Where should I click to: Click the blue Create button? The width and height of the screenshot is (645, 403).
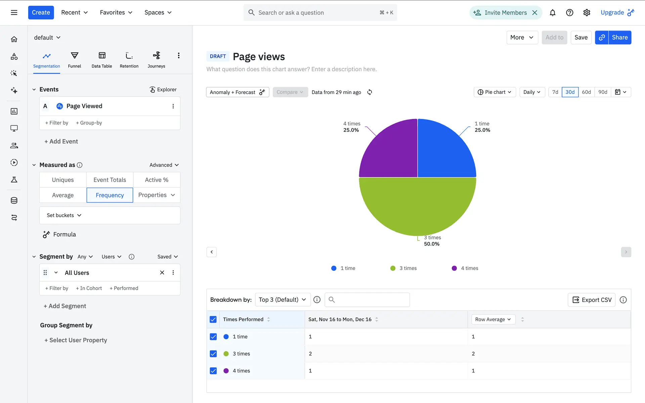click(41, 12)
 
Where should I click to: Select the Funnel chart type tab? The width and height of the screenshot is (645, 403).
click(75, 60)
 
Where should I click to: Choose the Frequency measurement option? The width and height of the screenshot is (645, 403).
click(110, 195)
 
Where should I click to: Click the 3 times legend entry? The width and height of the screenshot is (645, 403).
click(403, 268)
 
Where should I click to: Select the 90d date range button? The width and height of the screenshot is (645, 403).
click(603, 92)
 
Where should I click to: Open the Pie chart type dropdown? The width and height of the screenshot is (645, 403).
click(494, 92)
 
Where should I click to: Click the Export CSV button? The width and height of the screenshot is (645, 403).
click(592, 300)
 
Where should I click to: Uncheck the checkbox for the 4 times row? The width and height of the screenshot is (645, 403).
click(213, 371)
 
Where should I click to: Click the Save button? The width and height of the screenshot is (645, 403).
click(581, 37)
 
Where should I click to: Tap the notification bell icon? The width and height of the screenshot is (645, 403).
click(552, 13)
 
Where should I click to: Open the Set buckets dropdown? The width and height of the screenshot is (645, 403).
click(64, 215)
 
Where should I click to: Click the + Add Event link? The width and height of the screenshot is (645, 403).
click(61, 141)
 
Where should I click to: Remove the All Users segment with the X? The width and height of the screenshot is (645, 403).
click(162, 273)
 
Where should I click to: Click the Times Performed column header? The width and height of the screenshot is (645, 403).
click(243, 319)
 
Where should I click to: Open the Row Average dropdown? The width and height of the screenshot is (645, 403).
click(493, 319)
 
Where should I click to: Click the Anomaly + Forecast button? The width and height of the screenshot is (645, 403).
click(238, 92)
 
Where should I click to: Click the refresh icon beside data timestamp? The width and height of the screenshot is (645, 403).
click(370, 92)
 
